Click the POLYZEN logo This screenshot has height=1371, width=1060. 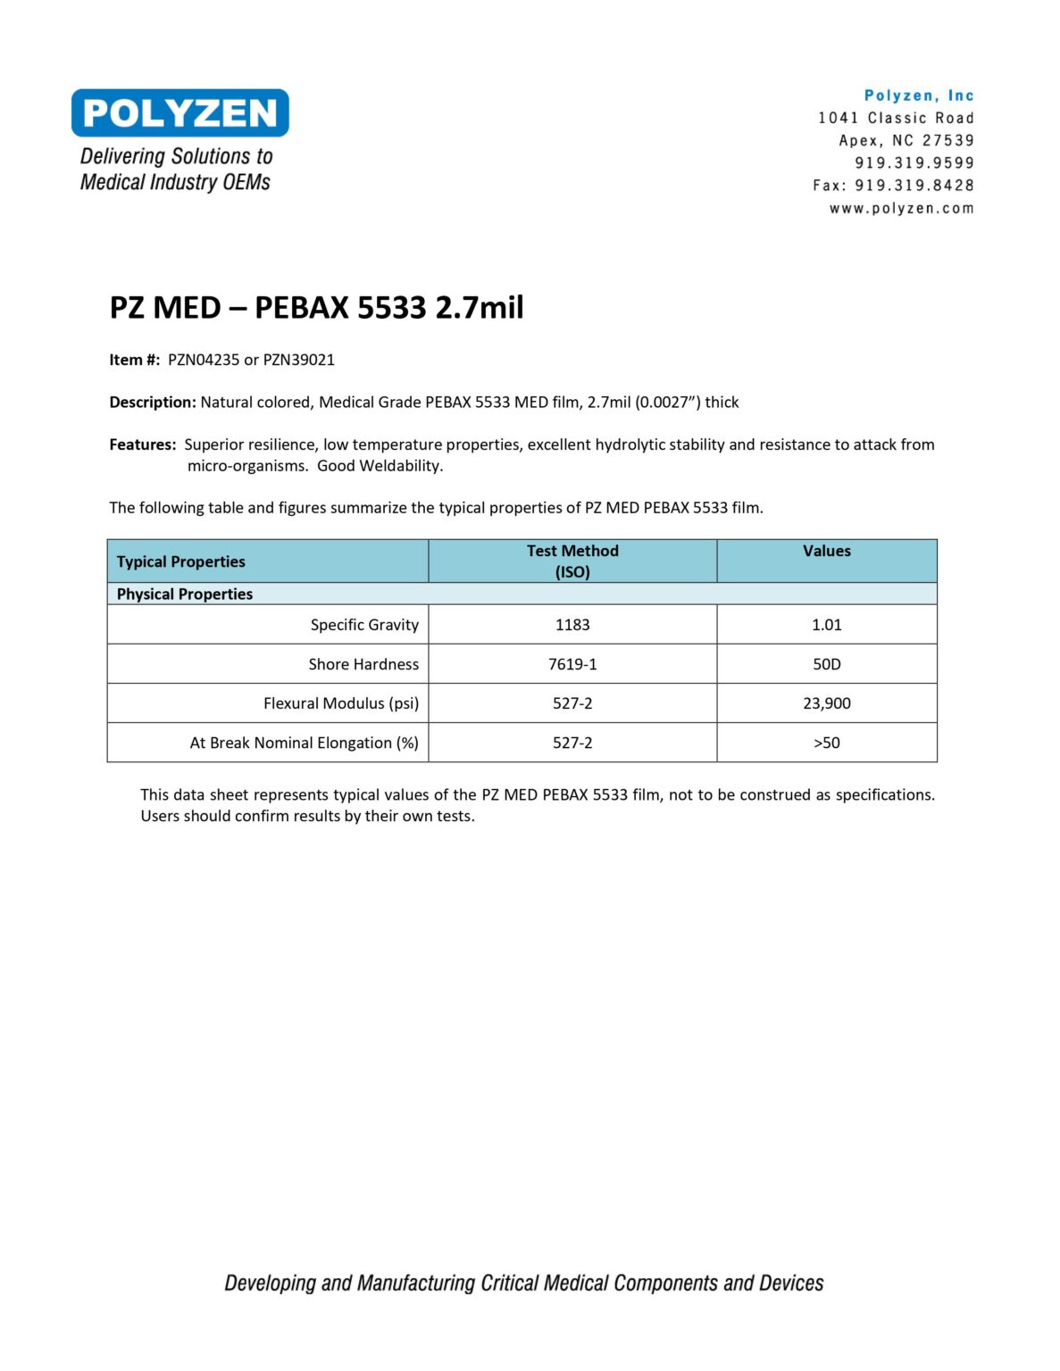179,113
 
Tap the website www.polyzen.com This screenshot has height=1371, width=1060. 901,209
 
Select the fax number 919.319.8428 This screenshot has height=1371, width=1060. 914,186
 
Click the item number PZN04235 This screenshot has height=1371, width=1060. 204,360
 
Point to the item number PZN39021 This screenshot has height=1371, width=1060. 298,360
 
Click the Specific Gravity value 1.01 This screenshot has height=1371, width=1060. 826,625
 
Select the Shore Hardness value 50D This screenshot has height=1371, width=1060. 826,664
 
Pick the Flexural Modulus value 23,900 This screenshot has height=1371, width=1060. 826,703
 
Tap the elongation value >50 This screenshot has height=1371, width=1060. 826,743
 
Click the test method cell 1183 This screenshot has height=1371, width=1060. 572,625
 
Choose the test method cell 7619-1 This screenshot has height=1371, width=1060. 572,664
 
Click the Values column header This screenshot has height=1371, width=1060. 826,552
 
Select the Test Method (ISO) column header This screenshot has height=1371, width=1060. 572,561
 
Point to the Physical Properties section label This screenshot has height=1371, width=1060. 185,594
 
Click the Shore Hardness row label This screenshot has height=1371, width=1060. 363,664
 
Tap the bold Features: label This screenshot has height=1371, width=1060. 143,445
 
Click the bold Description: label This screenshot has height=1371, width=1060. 153,403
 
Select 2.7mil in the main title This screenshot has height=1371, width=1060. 479,308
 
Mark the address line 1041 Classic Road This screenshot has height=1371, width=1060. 896,118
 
